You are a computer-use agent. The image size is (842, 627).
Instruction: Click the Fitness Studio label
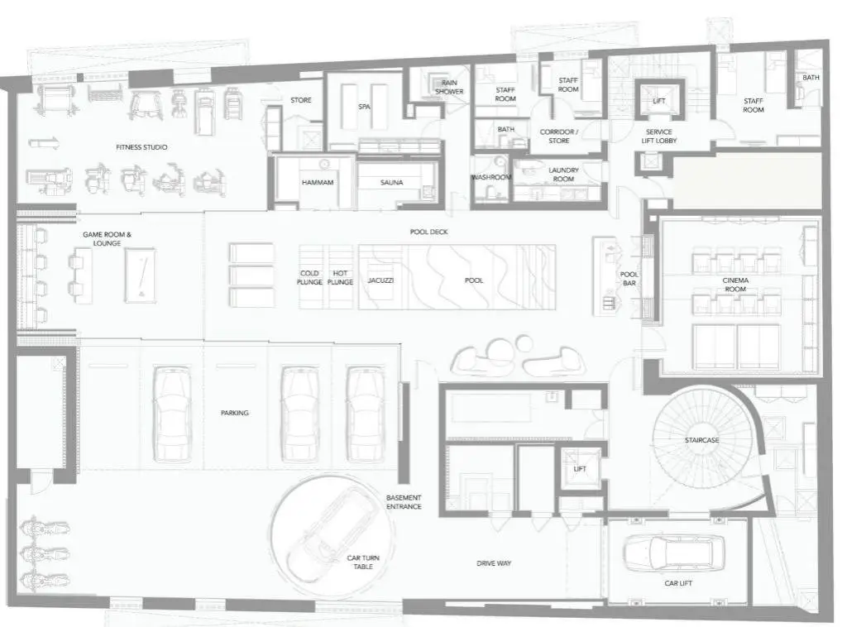[x=141, y=147]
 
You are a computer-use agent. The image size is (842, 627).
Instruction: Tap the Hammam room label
[x=318, y=183]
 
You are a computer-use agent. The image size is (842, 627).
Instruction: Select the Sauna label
[x=391, y=183]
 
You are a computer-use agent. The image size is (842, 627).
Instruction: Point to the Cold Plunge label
[x=310, y=278]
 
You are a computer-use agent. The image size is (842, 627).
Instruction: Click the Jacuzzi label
[x=380, y=280]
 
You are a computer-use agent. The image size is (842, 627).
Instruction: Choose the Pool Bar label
[x=629, y=279]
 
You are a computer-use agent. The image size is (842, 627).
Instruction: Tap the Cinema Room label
[x=735, y=285]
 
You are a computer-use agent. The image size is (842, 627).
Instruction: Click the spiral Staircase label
[x=702, y=440]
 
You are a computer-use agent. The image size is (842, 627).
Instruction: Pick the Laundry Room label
[x=563, y=175]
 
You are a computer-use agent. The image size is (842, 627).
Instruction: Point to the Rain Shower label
[x=449, y=87]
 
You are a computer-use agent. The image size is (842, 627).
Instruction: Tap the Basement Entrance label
[x=404, y=502]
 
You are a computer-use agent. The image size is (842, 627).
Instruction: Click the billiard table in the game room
[x=140, y=273]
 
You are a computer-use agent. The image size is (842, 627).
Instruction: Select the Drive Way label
[x=494, y=563]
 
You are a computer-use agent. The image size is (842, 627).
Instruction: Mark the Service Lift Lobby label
[x=659, y=136]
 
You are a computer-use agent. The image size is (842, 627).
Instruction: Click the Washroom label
[x=491, y=177]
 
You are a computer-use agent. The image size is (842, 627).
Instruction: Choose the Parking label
[x=235, y=413]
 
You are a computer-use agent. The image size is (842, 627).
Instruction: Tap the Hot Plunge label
[x=340, y=278]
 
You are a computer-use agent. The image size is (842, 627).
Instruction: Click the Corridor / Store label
[x=559, y=136]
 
